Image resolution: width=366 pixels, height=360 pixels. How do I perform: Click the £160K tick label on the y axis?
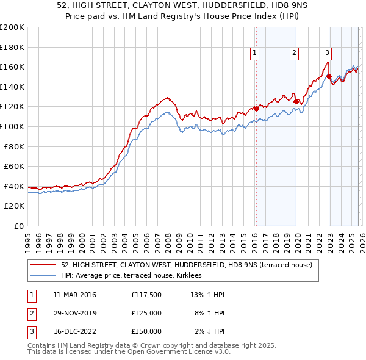[x=12, y=67]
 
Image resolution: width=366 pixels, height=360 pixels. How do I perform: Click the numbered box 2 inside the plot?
[x=294, y=54]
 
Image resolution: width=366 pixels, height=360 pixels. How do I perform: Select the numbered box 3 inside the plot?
[x=327, y=54]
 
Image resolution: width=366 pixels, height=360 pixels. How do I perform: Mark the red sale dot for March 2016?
[x=256, y=109]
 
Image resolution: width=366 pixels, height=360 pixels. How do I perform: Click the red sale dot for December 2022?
[x=329, y=77]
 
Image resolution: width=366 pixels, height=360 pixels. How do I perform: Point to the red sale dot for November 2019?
[x=296, y=102]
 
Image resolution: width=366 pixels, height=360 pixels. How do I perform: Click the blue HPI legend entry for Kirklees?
[x=135, y=276]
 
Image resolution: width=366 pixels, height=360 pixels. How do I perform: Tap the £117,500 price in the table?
[x=146, y=295]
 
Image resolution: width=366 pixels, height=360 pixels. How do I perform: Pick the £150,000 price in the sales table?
[x=146, y=332]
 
